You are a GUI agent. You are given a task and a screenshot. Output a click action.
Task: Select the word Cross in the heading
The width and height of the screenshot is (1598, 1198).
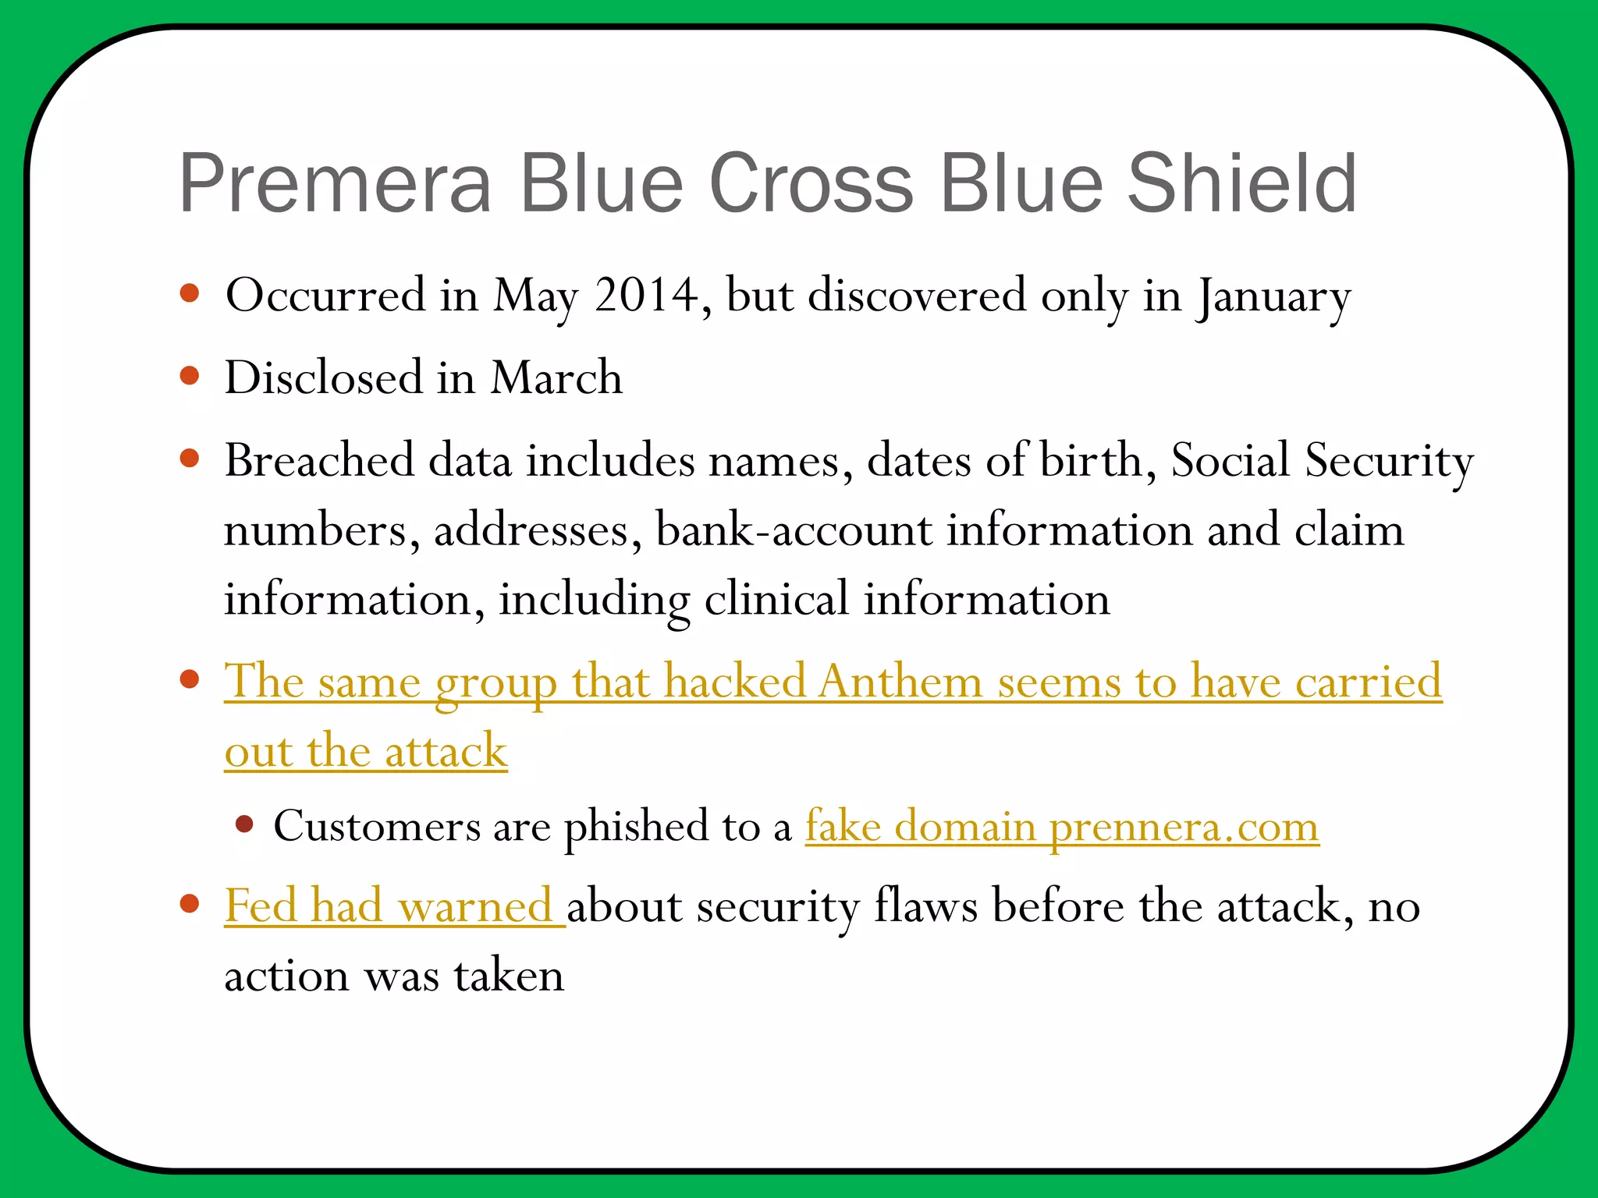(x=811, y=183)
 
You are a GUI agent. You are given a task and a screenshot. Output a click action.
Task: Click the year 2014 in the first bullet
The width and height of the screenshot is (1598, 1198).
(x=646, y=296)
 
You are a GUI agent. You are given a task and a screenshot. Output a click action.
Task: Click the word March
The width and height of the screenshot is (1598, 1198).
(x=556, y=378)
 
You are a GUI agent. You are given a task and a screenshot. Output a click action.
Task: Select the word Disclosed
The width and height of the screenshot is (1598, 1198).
(x=323, y=378)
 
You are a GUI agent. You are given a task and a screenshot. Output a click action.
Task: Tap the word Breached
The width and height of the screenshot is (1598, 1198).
(x=319, y=460)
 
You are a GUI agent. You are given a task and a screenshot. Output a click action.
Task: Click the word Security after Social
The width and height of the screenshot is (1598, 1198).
(x=1389, y=460)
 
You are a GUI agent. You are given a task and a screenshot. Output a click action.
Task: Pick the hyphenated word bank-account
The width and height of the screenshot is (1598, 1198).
(x=794, y=530)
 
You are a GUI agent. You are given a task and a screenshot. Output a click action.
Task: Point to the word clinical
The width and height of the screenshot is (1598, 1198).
(x=776, y=599)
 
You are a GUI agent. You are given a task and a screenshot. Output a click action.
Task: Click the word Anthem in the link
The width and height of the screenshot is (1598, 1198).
(x=901, y=682)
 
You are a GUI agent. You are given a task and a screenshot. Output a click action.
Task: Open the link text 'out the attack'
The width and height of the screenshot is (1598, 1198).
(x=366, y=752)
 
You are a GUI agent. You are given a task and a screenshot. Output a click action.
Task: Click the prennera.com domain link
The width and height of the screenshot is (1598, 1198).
(x=1184, y=827)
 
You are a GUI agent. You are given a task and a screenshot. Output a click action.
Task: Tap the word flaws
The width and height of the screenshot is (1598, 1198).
(x=925, y=906)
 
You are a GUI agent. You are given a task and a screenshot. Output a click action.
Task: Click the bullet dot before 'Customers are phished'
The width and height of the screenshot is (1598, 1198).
(x=245, y=824)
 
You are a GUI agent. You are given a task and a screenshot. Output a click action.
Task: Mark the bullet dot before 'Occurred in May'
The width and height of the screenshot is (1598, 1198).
(x=190, y=293)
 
